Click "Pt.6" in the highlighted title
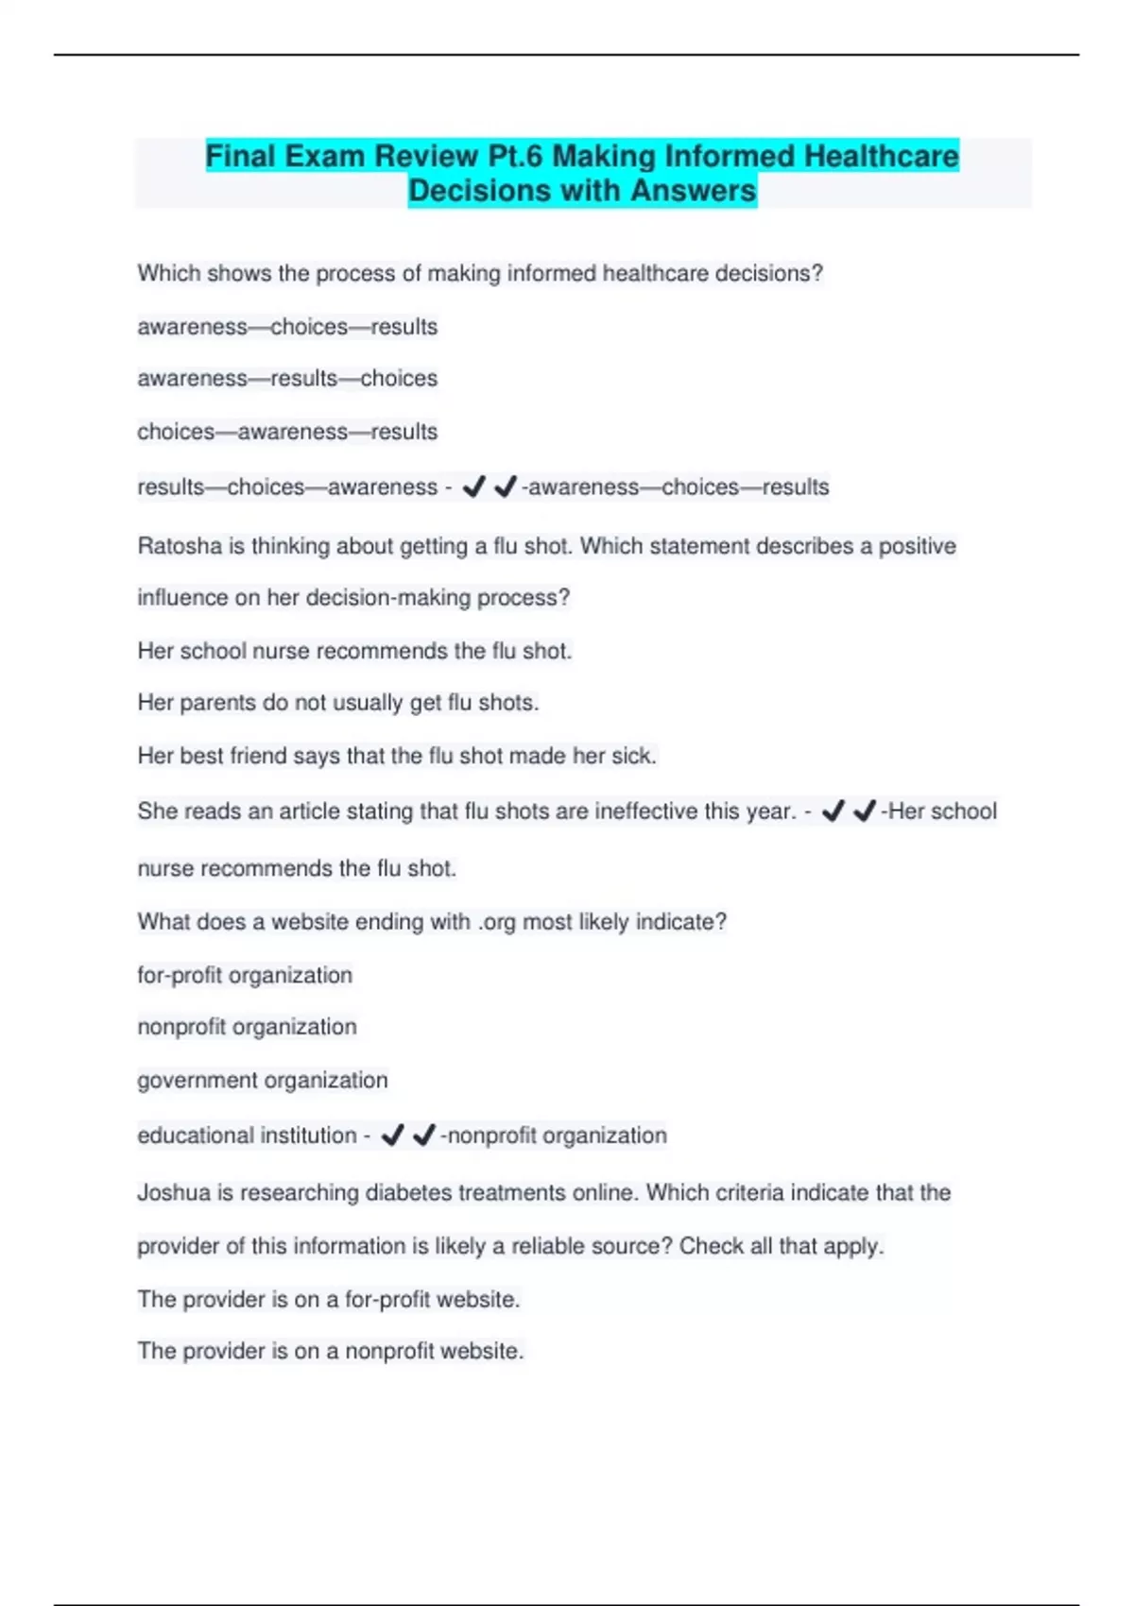point(514,156)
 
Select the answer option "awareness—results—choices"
point(287,379)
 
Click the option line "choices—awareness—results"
point(287,432)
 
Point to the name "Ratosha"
point(178,546)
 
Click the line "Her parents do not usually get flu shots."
point(338,703)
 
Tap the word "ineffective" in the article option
point(645,812)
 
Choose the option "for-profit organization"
point(245,975)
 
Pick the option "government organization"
point(263,1080)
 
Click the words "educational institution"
point(247,1136)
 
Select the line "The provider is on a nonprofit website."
point(330,1352)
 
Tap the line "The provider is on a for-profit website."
point(328,1300)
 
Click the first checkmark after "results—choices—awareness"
point(474,487)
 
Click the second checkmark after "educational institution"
point(424,1135)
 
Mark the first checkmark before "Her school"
point(833,811)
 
